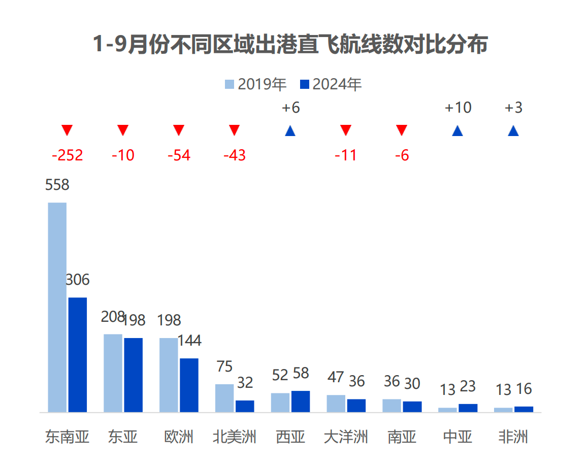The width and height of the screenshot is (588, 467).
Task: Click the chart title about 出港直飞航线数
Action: click(290, 45)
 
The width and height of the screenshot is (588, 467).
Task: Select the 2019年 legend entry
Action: click(256, 84)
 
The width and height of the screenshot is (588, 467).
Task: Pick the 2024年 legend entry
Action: click(331, 84)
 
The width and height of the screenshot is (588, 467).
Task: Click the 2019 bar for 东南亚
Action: click(57, 307)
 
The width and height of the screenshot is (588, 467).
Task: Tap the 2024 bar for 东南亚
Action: click(78, 354)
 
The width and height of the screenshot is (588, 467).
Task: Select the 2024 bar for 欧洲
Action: click(189, 385)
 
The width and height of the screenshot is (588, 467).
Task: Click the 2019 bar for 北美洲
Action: click(224, 398)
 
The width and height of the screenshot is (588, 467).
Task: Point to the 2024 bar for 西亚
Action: click(301, 401)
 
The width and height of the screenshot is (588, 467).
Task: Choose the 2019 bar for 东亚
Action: click(113, 373)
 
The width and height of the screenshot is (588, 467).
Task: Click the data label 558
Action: click(57, 185)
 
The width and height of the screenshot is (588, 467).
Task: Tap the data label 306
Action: click(78, 280)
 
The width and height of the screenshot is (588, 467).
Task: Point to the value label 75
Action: click(224, 366)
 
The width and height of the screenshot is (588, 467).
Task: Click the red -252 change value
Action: click(67, 155)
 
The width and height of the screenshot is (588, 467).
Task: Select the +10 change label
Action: click(458, 108)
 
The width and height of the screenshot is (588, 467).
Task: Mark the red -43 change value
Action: click(234, 155)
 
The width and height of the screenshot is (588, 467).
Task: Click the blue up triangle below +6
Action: click(290, 131)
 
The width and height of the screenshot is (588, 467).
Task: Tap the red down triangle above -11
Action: click(346, 130)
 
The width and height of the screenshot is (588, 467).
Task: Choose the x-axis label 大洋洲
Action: click(346, 437)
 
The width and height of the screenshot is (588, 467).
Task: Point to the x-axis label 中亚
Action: click(458, 437)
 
